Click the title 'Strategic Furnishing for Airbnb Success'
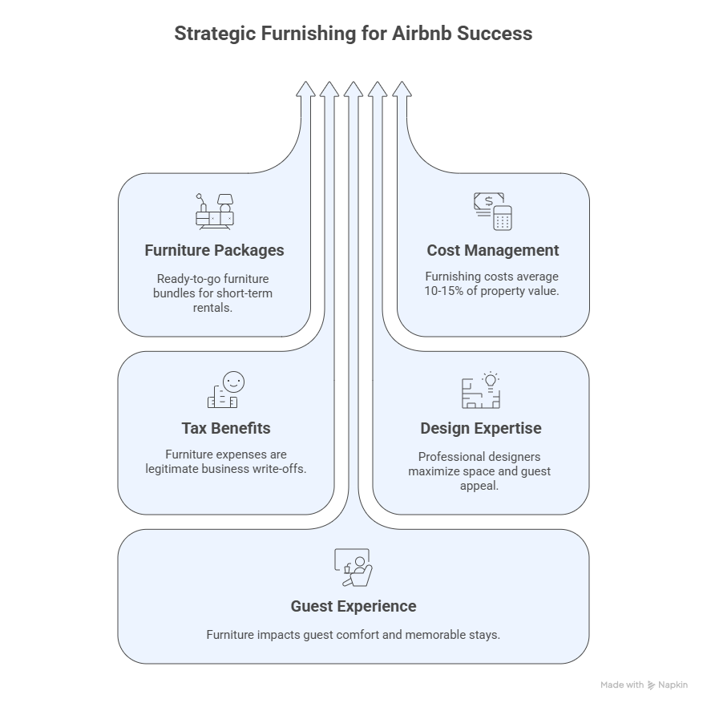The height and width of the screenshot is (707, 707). pos(353,34)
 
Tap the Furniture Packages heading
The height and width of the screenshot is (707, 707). pos(214,250)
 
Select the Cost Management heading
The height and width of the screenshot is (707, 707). pos(492,250)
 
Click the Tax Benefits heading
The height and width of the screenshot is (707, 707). pos(225,428)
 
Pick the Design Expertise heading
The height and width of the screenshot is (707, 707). pos(479,428)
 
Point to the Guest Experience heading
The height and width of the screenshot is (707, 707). pos(353,606)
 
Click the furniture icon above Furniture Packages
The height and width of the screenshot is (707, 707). pos(214,211)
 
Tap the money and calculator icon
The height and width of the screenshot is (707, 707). pos(492,211)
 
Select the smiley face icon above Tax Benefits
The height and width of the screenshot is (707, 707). pos(225,390)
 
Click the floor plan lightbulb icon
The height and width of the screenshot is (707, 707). pos(480,390)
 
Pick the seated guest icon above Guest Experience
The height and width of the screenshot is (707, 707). pos(353,567)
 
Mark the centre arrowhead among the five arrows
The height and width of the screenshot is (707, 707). pos(353,89)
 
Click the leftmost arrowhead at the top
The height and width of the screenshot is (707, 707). pos(305,89)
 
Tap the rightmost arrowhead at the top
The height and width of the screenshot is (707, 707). pos(402,89)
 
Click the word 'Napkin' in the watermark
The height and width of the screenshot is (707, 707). pos(673,685)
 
